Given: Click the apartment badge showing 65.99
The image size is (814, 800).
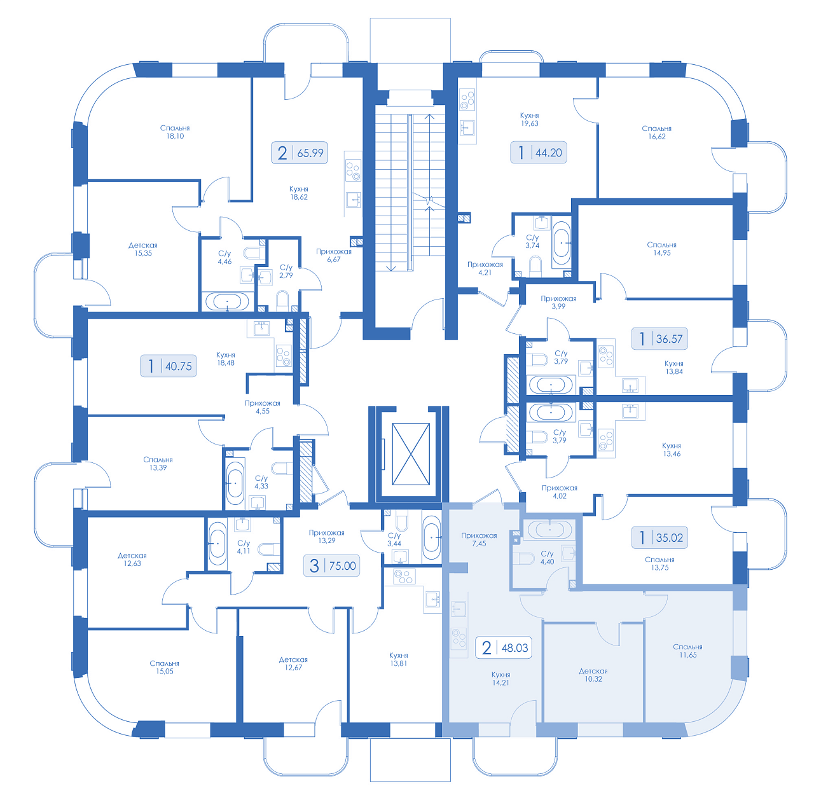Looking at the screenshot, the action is pyautogui.click(x=300, y=153).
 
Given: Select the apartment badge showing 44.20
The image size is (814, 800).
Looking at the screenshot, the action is pyautogui.click(x=539, y=152).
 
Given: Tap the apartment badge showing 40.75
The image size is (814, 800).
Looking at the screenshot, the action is pyautogui.click(x=168, y=366).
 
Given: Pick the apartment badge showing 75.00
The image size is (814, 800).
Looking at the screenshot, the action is pyautogui.click(x=331, y=565).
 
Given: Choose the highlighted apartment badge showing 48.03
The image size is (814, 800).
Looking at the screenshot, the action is pyautogui.click(x=504, y=647).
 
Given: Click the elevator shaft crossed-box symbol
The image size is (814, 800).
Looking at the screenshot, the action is pyautogui.click(x=411, y=454).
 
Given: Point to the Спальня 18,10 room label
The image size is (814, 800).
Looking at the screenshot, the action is pyautogui.click(x=175, y=132).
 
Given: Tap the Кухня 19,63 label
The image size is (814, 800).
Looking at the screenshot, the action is pyautogui.click(x=529, y=119).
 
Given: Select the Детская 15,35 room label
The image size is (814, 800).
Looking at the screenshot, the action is pyautogui.click(x=143, y=249).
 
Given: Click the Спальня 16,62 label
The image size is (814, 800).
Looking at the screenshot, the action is pyautogui.click(x=656, y=132).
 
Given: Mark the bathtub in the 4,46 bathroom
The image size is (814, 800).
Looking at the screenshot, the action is pyautogui.click(x=227, y=301).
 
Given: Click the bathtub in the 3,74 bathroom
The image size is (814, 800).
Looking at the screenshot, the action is pyautogui.click(x=561, y=243).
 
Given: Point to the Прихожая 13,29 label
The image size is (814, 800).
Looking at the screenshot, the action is pyautogui.click(x=326, y=536).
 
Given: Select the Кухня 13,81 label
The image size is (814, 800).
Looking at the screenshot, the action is pyautogui.click(x=398, y=659).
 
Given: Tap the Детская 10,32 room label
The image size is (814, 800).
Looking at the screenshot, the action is pyautogui.click(x=593, y=675).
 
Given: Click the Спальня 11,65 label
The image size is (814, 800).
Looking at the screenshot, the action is pyautogui.click(x=687, y=651).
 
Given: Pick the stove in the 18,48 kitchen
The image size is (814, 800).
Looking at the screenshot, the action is pyautogui.click(x=284, y=356).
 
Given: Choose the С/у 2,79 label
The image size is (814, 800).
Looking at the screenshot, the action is pyautogui.click(x=286, y=271).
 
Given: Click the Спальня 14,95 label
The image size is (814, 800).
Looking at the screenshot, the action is pyautogui.click(x=661, y=249).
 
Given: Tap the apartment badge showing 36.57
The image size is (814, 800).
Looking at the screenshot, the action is pyautogui.click(x=659, y=338).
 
